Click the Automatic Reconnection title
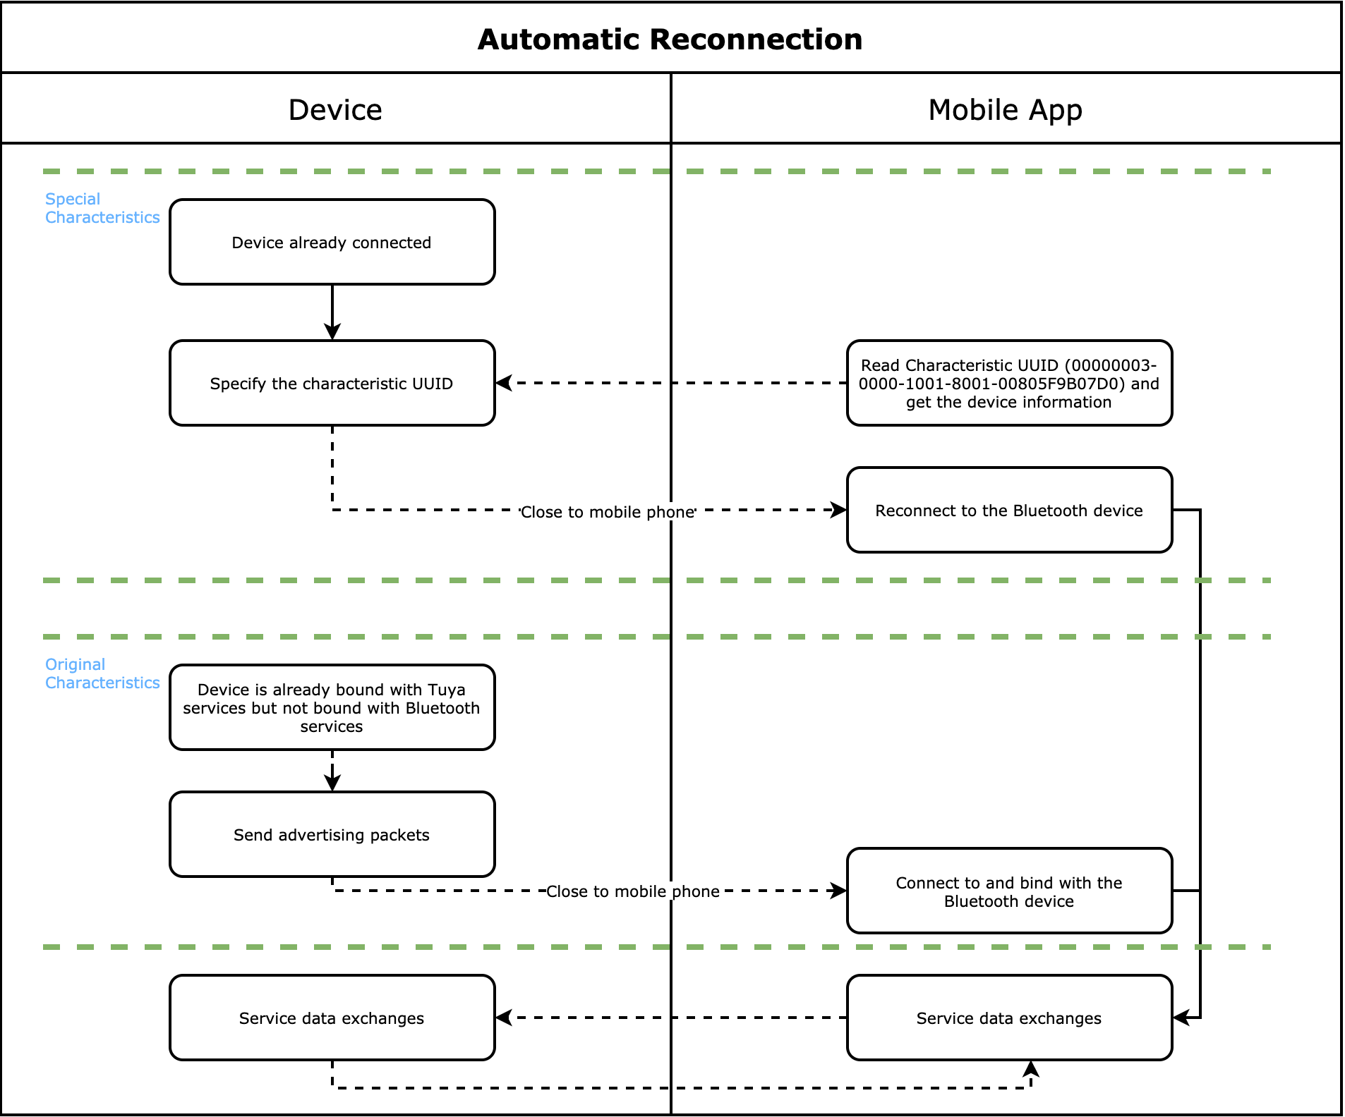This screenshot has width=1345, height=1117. [x=670, y=39]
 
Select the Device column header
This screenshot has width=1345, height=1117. [x=335, y=110]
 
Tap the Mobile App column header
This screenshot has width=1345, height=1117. [x=1005, y=110]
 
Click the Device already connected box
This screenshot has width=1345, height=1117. [x=332, y=243]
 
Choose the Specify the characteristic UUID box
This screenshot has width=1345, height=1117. [x=332, y=384]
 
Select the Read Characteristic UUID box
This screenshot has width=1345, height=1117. [x=1009, y=384]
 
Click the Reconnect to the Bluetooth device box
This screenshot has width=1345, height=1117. [x=1009, y=511]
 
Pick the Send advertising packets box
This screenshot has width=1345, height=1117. [x=332, y=835]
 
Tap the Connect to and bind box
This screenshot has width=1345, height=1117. [x=1009, y=891]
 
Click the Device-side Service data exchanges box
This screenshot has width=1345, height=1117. [x=332, y=1018]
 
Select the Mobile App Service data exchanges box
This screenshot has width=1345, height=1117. [x=1009, y=1018]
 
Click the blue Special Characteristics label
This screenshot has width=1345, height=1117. [x=102, y=208]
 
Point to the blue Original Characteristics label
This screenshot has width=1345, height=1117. [x=102, y=673]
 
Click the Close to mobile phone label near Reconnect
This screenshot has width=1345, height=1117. [x=608, y=512]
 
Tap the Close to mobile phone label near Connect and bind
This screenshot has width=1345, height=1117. [x=633, y=891]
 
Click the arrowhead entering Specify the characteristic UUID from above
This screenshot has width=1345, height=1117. [x=332, y=332]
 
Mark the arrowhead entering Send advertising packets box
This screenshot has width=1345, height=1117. [x=332, y=783]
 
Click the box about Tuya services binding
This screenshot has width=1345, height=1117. [x=332, y=708]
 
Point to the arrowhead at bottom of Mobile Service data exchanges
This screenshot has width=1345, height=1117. [x=1031, y=1068]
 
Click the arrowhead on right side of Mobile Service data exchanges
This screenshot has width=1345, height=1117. [x=1181, y=1018]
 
